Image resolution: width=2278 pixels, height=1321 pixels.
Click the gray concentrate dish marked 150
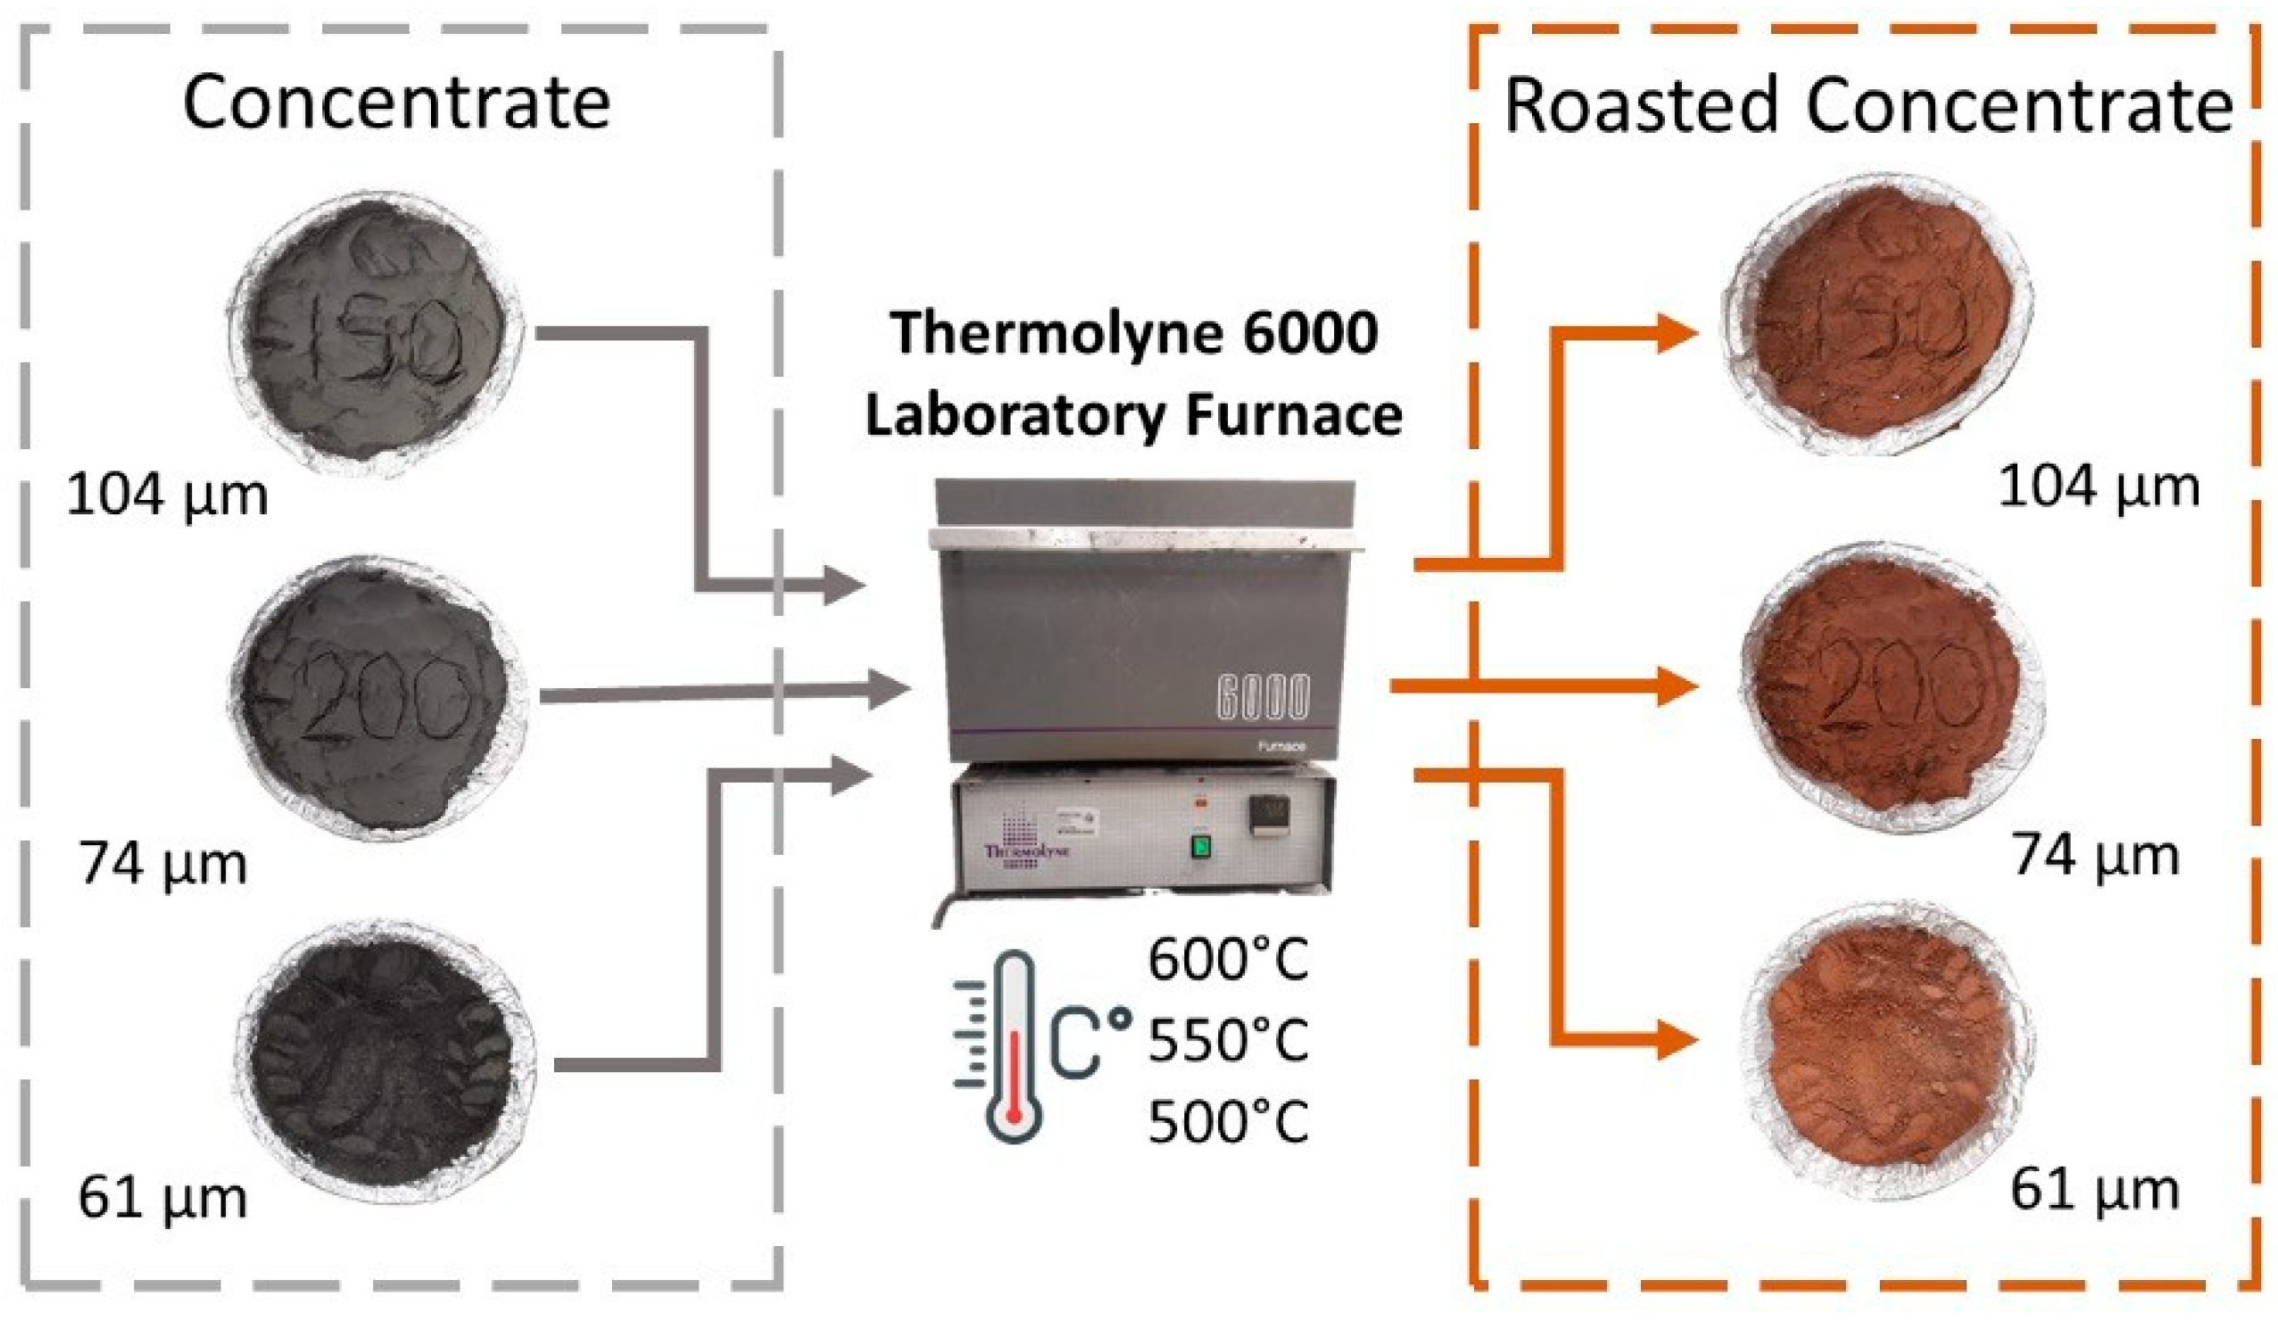(x=375, y=332)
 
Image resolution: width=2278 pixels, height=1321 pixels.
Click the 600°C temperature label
(x=1228, y=960)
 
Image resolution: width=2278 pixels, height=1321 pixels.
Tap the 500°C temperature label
(x=1228, y=1121)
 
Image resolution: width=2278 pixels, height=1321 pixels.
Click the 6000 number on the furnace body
(x=1262, y=697)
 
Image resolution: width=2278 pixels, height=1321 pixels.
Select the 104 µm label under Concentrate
(x=167, y=496)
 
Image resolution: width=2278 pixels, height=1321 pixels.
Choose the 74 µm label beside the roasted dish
(x=2094, y=854)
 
